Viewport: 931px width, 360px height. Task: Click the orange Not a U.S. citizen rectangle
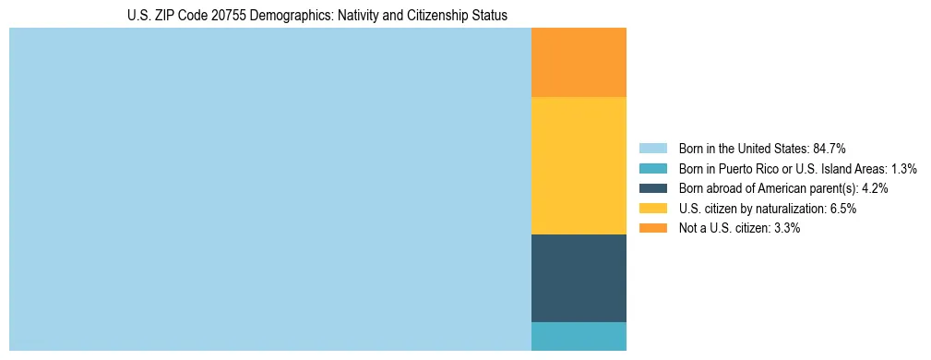click(x=579, y=62)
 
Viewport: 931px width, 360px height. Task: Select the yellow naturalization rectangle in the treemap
click(x=579, y=165)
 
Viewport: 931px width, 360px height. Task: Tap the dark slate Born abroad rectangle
click(x=579, y=278)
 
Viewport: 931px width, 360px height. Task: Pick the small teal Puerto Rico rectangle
click(x=579, y=336)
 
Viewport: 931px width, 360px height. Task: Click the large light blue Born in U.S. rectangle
click(x=270, y=189)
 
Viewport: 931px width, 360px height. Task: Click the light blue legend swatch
click(x=652, y=149)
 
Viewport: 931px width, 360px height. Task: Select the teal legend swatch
click(x=652, y=169)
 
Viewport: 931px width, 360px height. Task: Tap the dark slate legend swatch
click(x=652, y=188)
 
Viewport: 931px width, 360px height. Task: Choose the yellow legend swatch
click(x=652, y=209)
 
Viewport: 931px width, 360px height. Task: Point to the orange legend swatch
click(x=652, y=228)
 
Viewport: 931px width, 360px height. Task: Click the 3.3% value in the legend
click(x=785, y=228)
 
